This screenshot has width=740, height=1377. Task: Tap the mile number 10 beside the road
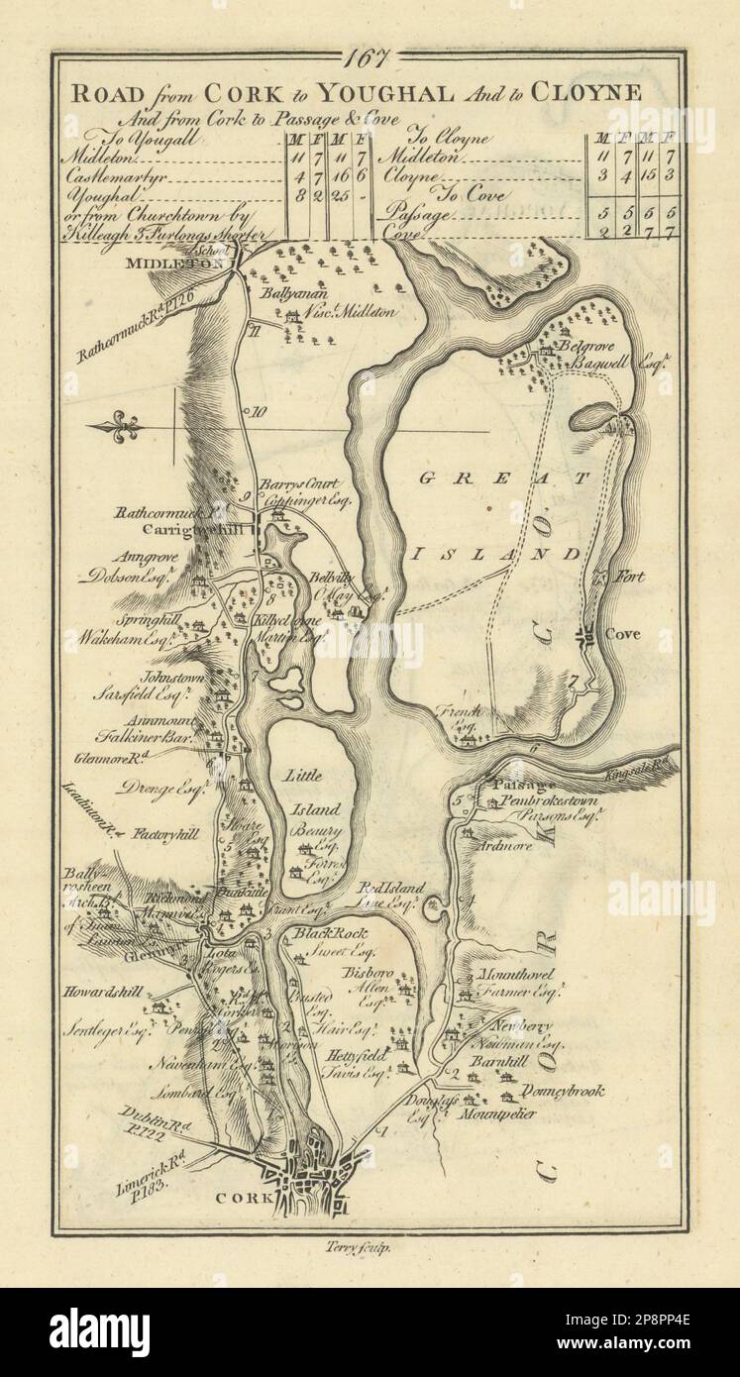(x=258, y=412)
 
